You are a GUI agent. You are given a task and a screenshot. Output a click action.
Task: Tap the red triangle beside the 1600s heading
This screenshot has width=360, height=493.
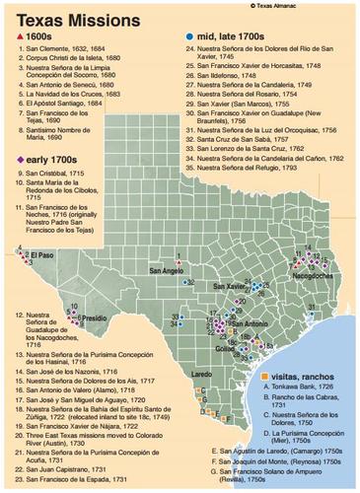tap(10, 35)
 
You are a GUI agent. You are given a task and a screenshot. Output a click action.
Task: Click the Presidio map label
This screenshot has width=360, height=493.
tap(95, 319)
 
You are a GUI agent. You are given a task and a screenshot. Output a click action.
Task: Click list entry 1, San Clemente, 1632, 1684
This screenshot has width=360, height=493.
tap(63, 49)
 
